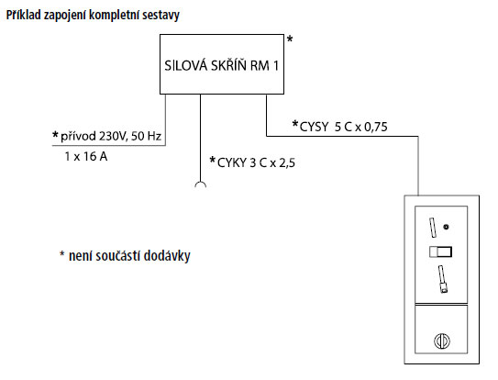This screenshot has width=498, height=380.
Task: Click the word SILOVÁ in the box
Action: pyautogui.click(x=186, y=65)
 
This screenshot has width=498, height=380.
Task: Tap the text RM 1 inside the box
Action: pyautogui.click(x=264, y=66)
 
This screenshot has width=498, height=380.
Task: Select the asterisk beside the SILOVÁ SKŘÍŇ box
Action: pyautogui.click(x=290, y=39)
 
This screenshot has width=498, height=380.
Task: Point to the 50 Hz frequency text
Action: pyautogui.click(x=146, y=136)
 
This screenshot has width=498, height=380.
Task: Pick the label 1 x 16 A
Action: pyautogui.click(x=86, y=156)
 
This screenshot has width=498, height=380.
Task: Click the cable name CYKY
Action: pyautogui.click(x=232, y=162)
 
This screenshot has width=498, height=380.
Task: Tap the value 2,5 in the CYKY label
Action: pyautogui.click(x=287, y=163)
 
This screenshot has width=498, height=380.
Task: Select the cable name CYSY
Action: pyautogui.click(x=314, y=127)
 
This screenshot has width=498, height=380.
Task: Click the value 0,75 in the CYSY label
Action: pyautogui.click(x=376, y=128)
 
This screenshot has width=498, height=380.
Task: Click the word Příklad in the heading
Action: pyautogui.click(x=24, y=15)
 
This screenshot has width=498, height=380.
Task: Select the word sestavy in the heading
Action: pyautogui.click(x=161, y=16)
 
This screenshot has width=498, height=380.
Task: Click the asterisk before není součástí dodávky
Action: pyautogui.click(x=62, y=254)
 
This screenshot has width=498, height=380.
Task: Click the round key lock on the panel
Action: pyautogui.click(x=442, y=341)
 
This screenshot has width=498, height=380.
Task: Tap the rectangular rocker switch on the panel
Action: pyautogui.click(x=440, y=251)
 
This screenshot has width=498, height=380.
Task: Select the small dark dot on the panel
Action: pyautogui.click(x=447, y=227)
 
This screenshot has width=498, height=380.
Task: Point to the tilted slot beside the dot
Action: pyautogui.click(x=433, y=228)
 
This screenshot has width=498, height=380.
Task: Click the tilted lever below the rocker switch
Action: pyautogui.click(x=442, y=279)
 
